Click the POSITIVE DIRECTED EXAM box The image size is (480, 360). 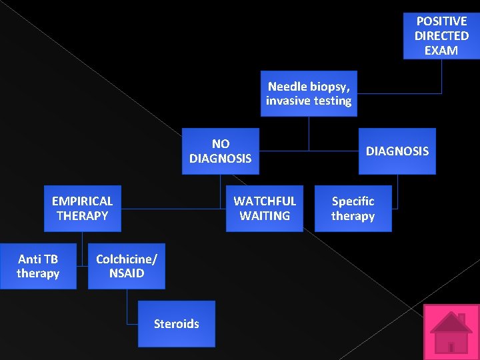[441, 36]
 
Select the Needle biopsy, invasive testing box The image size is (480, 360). [308, 93]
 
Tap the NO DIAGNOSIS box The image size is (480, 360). [220, 151]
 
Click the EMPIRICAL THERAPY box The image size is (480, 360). [82, 208]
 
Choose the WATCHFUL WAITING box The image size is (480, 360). [265, 208]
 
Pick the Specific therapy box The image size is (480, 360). [353, 208]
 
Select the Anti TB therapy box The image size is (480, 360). [38, 266]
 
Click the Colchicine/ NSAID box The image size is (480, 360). [126, 266]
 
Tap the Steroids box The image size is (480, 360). [176, 324]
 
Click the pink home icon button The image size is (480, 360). [451, 332]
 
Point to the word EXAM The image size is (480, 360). [441, 51]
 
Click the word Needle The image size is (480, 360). [287, 86]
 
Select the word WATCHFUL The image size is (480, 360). [265, 201]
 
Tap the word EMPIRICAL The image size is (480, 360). [82, 201]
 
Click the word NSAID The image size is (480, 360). [127, 273]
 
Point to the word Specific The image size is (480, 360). [353, 201]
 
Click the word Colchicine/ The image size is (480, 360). [126, 259]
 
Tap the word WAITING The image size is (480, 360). [265, 215]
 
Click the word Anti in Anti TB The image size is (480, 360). [30, 259]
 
